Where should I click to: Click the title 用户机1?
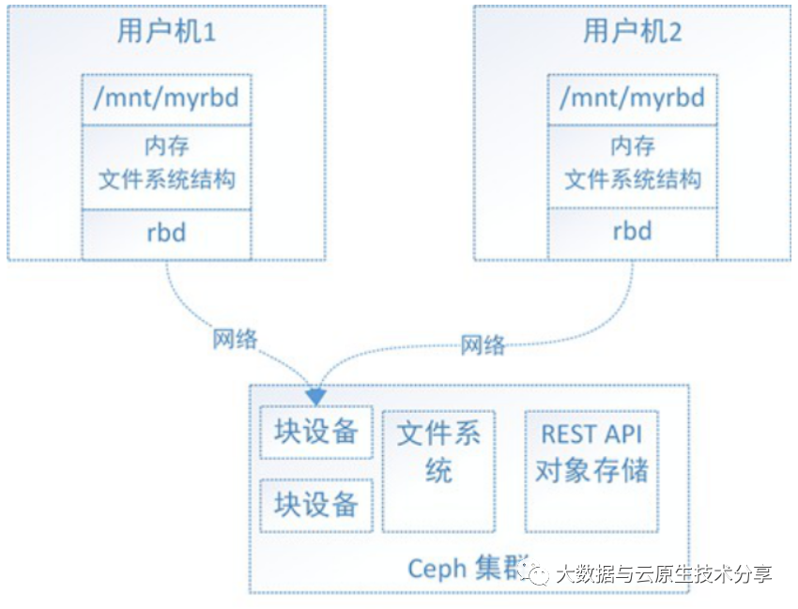166,33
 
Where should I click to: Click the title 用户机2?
632,33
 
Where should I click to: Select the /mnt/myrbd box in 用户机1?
166,99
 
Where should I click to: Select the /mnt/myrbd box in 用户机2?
632,99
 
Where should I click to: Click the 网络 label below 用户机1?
235,339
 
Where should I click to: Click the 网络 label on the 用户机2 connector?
483,345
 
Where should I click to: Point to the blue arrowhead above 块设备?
316,392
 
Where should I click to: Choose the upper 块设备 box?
316,432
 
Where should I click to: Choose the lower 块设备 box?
316,505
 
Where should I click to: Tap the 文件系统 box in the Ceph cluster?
438,469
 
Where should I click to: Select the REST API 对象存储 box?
591,469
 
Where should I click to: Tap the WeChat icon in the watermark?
538,573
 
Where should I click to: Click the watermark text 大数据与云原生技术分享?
663,573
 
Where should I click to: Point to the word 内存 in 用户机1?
166,147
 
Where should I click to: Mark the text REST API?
591,435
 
